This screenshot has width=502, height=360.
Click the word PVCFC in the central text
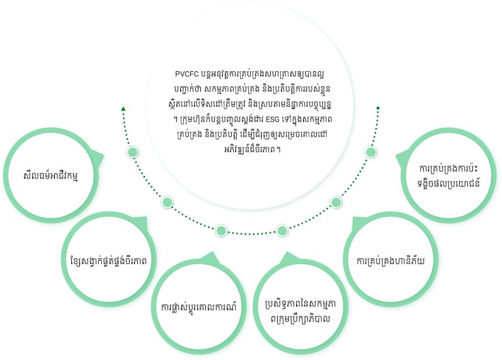click(186, 73)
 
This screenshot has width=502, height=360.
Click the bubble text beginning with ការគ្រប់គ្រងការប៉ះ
click(448, 175)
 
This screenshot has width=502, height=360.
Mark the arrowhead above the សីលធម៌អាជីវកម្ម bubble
click(123, 109)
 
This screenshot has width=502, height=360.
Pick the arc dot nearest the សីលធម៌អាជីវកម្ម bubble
click(132, 153)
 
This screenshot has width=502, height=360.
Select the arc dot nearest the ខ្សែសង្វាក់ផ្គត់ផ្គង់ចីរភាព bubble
click(168, 203)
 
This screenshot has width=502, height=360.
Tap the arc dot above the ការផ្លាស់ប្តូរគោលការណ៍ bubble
click(221, 231)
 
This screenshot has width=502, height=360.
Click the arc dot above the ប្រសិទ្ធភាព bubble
click(282, 231)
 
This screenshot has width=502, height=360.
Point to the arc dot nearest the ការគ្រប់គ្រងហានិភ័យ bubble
click(336, 202)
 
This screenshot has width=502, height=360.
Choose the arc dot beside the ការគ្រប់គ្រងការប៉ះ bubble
click(371, 152)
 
